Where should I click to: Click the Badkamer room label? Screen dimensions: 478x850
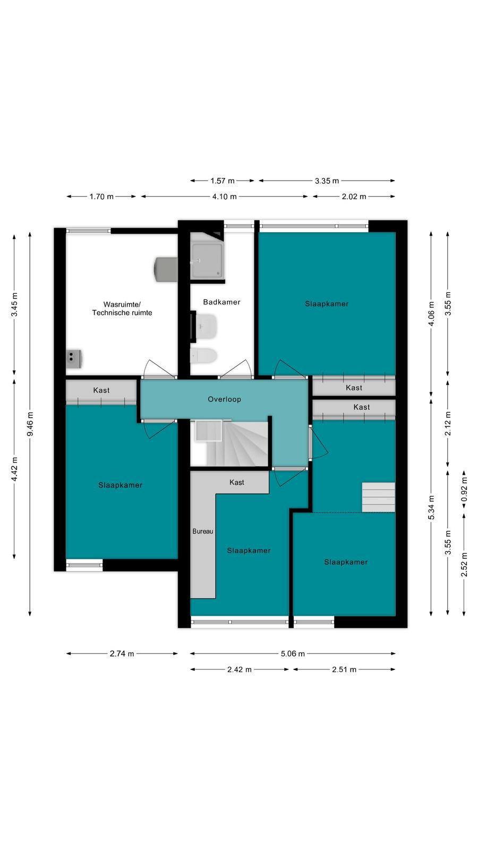pos(221,302)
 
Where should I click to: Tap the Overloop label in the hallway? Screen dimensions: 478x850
pos(224,399)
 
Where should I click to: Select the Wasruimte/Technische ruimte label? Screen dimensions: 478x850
pos(122,309)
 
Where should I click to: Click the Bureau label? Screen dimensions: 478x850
pos(202,531)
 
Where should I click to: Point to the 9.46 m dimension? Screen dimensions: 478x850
pos(30,424)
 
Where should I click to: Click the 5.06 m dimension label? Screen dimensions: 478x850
pos(293,653)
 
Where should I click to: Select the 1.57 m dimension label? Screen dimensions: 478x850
pos(223,181)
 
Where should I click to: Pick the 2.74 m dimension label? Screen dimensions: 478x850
pos(122,653)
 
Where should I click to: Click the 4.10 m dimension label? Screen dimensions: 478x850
pos(224,197)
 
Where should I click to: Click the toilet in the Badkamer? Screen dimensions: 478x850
pos(203,356)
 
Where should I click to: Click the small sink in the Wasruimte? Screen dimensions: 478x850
pos(74,359)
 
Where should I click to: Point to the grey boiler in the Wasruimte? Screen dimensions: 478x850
pos(166,269)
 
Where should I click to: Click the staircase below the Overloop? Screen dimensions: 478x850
pos(231,443)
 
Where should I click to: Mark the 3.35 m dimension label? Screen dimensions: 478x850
pos(327,181)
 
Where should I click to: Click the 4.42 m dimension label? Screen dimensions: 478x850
pos(14,469)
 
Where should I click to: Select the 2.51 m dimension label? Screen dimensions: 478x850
pos(344,669)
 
